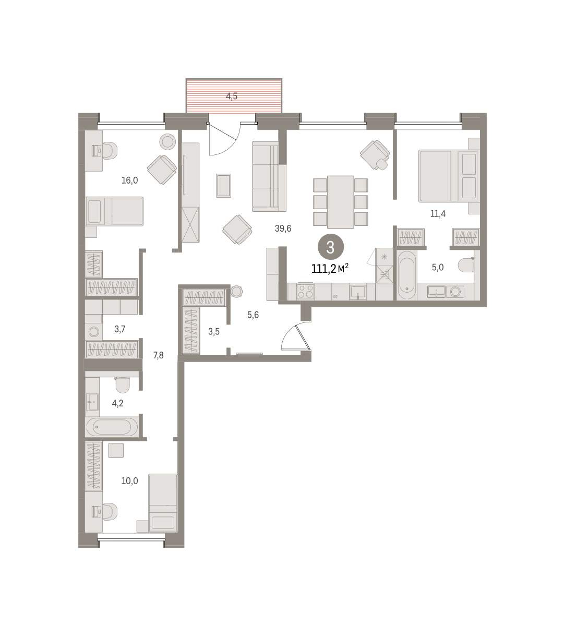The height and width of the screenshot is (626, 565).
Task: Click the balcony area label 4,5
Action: tap(232, 96)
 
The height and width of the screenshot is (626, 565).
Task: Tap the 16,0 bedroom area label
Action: tap(129, 180)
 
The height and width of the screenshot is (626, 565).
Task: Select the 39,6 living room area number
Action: tap(283, 228)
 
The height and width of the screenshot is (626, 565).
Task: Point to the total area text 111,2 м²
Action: tap(330, 268)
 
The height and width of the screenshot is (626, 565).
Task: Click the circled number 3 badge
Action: tap(331, 247)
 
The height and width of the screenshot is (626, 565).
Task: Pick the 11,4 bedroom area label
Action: tap(438, 214)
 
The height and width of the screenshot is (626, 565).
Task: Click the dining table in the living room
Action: tap(341, 202)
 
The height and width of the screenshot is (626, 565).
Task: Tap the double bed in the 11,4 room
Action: tap(449, 176)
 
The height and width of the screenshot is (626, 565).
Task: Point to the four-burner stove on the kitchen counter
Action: tap(305, 292)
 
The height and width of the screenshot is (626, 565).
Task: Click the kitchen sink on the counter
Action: tap(358, 292)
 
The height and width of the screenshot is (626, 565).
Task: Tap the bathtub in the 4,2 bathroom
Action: tap(112, 427)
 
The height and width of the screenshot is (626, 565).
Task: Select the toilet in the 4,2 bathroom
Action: tap(122, 385)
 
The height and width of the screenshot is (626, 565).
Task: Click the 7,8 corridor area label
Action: tap(158, 355)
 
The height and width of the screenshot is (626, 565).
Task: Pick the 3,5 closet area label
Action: tap(214, 331)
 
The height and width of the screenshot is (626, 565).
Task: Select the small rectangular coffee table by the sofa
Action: tap(223, 186)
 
